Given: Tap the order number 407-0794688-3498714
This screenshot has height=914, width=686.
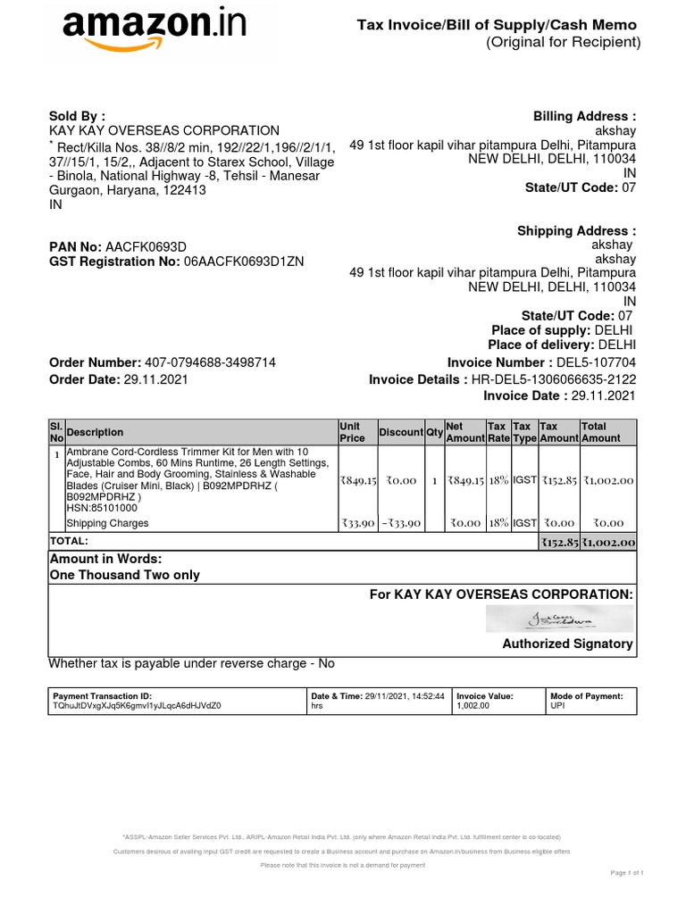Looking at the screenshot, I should click(x=210, y=362).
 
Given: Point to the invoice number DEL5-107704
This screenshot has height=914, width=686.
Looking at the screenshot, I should click(x=596, y=362).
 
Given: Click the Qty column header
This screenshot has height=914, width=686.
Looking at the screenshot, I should click(x=434, y=432).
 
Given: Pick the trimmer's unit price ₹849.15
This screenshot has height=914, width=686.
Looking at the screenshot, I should click(x=357, y=480).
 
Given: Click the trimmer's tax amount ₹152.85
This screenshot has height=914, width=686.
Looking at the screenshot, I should click(x=559, y=480).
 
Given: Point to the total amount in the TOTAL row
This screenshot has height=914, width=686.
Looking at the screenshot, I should click(x=608, y=542).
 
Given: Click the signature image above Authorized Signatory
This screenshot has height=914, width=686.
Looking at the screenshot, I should click(x=559, y=619).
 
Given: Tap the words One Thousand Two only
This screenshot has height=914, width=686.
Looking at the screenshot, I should click(x=125, y=575).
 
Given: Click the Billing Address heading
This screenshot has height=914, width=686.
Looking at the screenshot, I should click(x=584, y=117).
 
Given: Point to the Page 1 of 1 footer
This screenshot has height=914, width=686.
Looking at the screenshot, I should click(x=625, y=872).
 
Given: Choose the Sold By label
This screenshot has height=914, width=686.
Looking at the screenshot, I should click(x=77, y=116).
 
